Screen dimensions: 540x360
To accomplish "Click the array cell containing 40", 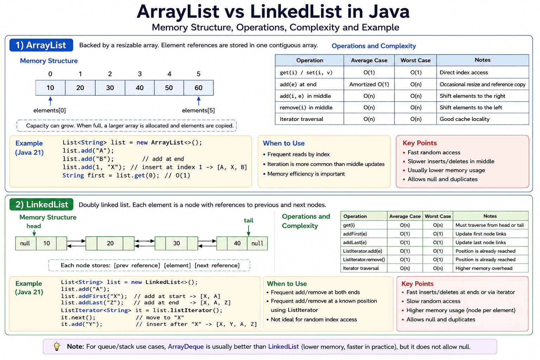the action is (x=140, y=88).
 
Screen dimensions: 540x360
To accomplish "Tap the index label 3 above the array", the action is (x=140, y=74).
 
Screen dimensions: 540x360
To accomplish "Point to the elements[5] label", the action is (x=198, y=110).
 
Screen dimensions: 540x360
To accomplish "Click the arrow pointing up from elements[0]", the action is (x=50, y=101).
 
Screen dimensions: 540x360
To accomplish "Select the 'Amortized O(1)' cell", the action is (x=369, y=84).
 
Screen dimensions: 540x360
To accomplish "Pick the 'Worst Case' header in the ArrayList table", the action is (x=415, y=60).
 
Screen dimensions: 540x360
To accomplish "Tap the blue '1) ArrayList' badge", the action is (x=41, y=45).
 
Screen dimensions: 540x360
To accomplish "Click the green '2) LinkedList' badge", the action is (x=41, y=205).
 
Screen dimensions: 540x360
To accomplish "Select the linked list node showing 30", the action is (x=176, y=243).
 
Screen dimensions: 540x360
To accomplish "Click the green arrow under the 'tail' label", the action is (x=249, y=230).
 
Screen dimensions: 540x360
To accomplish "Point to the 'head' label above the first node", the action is (x=34, y=226).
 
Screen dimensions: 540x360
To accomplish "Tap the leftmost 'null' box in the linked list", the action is (x=26, y=243).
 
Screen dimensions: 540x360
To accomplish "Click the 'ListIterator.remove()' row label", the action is (x=364, y=260).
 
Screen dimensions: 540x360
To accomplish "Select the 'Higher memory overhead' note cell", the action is (x=484, y=268).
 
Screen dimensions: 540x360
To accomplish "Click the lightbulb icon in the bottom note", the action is (x=57, y=346).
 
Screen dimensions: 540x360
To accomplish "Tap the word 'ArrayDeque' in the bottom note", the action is (x=186, y=347).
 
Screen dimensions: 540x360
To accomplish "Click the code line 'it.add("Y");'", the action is (x=82, y=324).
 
